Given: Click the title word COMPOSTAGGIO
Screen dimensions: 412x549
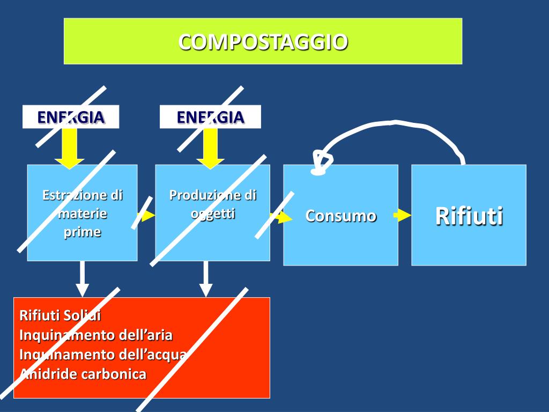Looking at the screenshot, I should click(x=263, y=42).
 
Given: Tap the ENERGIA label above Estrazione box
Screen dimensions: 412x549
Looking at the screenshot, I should click(x=70, y=117).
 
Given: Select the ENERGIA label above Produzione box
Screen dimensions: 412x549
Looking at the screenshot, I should click(x=210, y=117).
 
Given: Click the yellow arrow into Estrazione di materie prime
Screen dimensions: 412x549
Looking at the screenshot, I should click(x=70, y=149).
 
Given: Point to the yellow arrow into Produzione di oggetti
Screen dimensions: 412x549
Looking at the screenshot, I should click(x=210, y=149).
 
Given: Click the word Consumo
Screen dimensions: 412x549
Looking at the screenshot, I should click(x=341, y=216).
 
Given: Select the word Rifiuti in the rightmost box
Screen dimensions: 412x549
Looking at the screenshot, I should click(x=469, y=216).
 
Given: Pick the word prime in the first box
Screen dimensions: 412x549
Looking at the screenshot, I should click(x=82, y=232).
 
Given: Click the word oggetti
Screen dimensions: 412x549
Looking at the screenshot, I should click(x=213, y=213).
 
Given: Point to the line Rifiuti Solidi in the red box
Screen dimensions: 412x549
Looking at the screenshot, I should click(x=60, y=315).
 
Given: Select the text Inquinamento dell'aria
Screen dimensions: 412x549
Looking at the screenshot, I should click(x=95, y=335).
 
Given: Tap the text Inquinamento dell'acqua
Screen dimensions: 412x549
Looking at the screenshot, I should click(x=102, y=355).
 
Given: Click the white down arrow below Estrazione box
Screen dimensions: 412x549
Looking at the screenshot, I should click(x=82, y=279).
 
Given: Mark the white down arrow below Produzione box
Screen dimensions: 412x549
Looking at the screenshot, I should click(x=205, y=279).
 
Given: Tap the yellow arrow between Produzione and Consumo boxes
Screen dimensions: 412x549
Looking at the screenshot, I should click(x=283, y=217).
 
